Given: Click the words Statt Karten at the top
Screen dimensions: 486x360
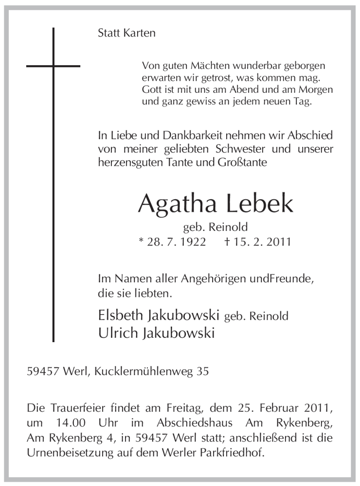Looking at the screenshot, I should (x=126, y=34).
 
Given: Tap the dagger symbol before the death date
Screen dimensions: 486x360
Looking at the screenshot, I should (x=227, y=241).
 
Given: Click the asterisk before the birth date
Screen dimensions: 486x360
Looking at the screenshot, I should (x=141, y=240).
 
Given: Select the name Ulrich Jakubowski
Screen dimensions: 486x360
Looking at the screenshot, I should (x=156, y=333).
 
